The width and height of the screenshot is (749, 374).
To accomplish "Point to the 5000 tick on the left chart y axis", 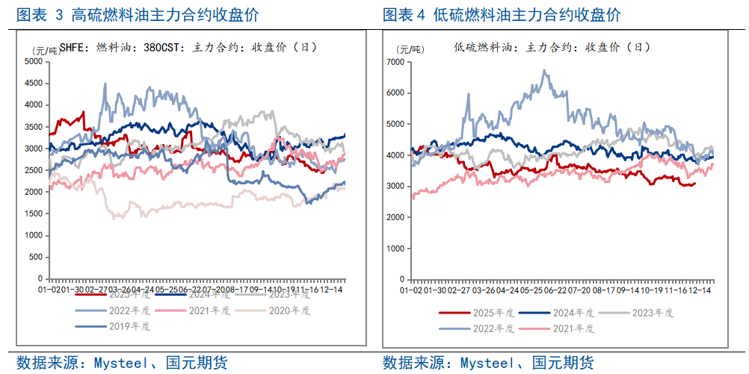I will click(34, 61).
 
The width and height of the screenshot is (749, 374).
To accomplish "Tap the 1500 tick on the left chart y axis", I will click(34, 214).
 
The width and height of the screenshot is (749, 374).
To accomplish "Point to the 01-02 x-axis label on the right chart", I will click(411, 288).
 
